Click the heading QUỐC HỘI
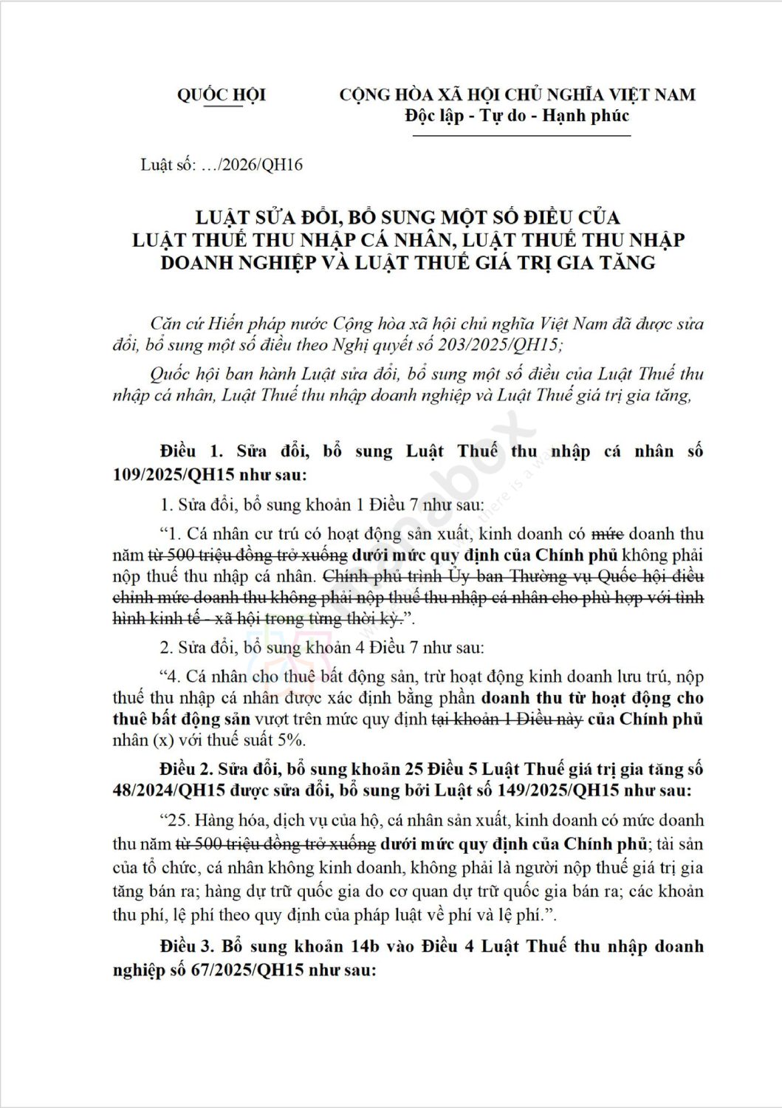point(221,95)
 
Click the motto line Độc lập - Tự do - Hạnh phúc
point(517,116)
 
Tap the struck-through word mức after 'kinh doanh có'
point(609,533)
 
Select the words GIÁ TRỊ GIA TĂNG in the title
point(563,262)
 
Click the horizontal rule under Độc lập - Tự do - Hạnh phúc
point(517,136)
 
